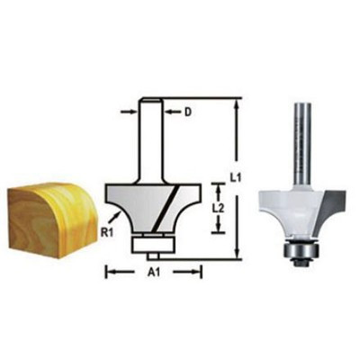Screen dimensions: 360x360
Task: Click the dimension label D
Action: click(188, 112)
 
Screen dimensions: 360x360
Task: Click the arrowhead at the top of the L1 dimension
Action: click(237, 103)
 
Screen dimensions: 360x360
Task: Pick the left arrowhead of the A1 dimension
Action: click(110, 269)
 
